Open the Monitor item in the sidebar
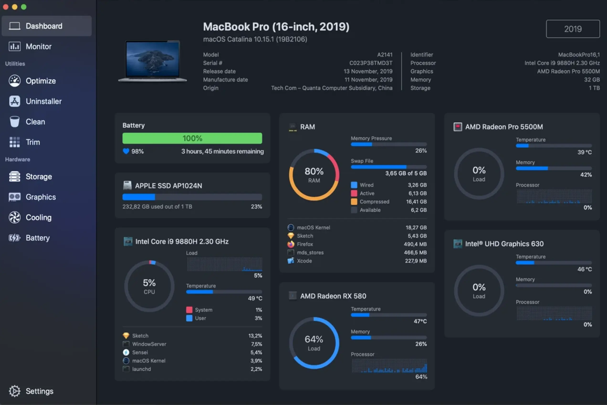(38, 47)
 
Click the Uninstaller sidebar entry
(43, 101)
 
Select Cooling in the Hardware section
(38, 218)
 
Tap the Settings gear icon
(15, 391)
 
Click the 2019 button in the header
(573, 29)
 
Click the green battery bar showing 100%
(192, 138)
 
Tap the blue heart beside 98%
(126, 151)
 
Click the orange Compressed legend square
(354, 202)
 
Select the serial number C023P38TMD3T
(371, 63)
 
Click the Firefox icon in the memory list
(291, 244)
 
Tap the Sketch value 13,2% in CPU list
(255, 336)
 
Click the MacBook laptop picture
(152, 61)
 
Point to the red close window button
(6, 7)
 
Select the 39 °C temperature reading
(584, 152)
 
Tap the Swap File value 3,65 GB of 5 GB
(406, 173)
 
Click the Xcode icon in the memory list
(291, 261)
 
